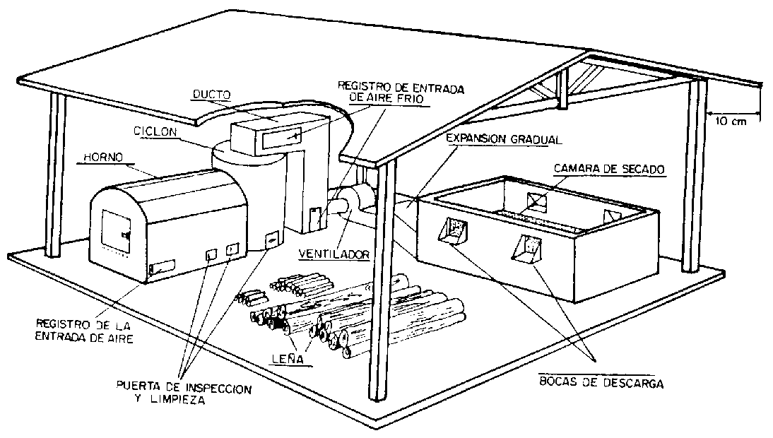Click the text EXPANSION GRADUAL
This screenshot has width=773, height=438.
point(504,140)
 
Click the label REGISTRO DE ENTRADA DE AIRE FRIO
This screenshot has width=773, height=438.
point(381,93)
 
